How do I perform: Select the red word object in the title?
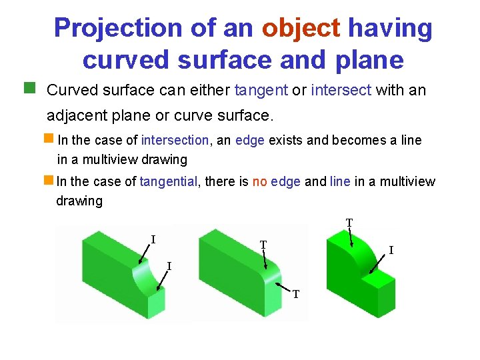[301, 28]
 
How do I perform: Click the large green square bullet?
[29, 87]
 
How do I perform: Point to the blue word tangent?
[261, 89]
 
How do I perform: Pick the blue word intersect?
[341, 89]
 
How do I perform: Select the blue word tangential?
[169, 181]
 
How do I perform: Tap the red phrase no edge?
[277, 181]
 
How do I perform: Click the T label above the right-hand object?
[349, 222]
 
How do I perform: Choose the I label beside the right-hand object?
[391, 251]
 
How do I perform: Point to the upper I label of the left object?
[153, 239]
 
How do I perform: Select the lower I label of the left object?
[169, 266]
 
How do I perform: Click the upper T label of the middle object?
[263, 245]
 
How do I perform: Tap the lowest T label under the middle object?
[296, 293]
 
